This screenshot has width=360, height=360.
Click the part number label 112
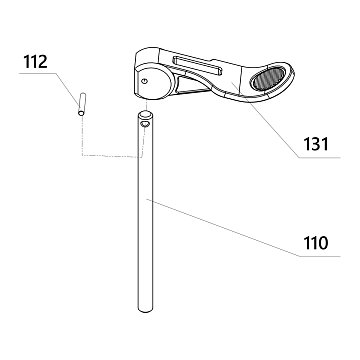tap(35, 62)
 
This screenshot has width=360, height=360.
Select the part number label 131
tap(316, 144)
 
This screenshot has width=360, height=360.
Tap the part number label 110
tap(316, 243)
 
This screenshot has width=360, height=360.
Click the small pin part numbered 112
tap(82, 104)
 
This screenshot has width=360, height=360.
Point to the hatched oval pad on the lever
tap(268, 78)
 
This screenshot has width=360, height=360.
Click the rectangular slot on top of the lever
tap(197, 65)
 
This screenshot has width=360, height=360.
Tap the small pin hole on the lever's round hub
tap(144, 81)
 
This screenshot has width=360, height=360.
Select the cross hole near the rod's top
tap(145, 124)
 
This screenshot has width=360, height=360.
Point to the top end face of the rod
tap(145, 115)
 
